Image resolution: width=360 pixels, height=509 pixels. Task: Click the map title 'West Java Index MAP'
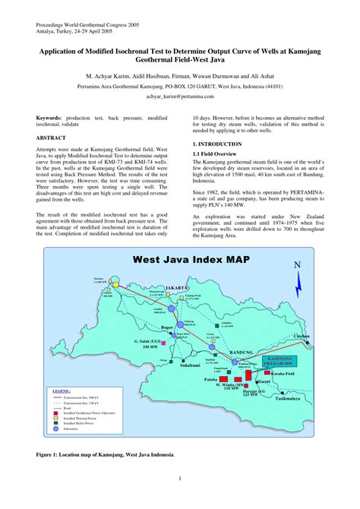click(191, 259)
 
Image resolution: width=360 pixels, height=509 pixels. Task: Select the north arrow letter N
click(298, 264)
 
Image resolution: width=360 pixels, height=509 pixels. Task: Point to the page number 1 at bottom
click(180, 479)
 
